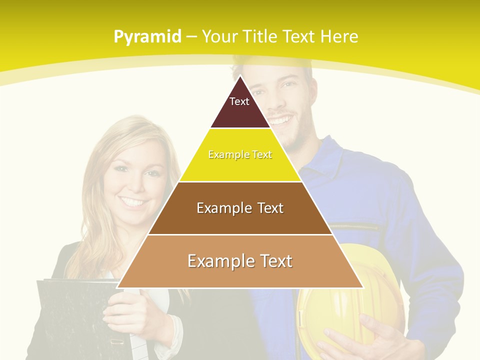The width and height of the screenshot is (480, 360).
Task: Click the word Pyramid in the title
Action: click(147, 37)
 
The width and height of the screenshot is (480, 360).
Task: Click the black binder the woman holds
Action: click(70, 320)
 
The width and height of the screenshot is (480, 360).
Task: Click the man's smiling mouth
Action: click(281, 120)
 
